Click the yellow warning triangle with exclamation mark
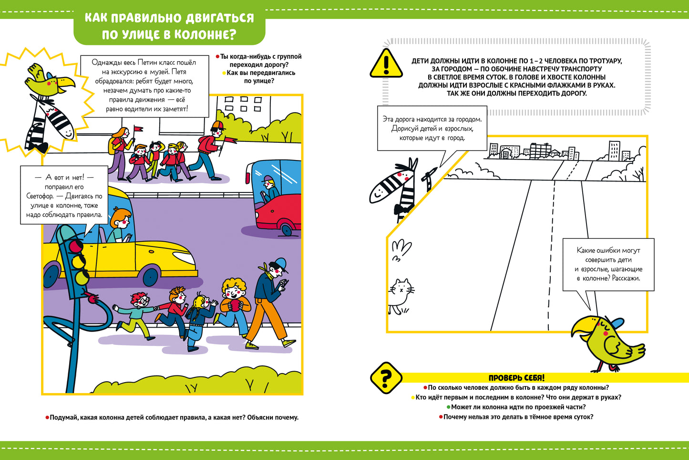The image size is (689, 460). pos(386,64)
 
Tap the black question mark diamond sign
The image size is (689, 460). pos(386,377)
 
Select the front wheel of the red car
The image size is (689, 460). pos(285,228)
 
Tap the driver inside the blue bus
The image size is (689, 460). pos(270,188)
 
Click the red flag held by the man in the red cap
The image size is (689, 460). pos(231,140)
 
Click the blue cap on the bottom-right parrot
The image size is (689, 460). pos(615,324)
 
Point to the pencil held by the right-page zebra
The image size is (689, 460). pos(432,173)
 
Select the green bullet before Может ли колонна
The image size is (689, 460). pos(448,407)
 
